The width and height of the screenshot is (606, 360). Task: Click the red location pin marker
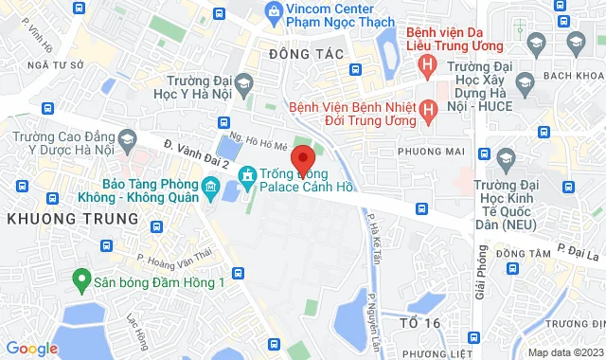point(303,158)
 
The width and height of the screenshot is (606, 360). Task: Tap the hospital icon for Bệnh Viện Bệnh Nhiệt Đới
point(427,111)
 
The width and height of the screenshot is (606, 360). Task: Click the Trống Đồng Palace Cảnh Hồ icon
point(247,174)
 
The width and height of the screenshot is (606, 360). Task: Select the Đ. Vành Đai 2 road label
point(194,154)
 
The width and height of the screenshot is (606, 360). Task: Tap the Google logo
point(30,349)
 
